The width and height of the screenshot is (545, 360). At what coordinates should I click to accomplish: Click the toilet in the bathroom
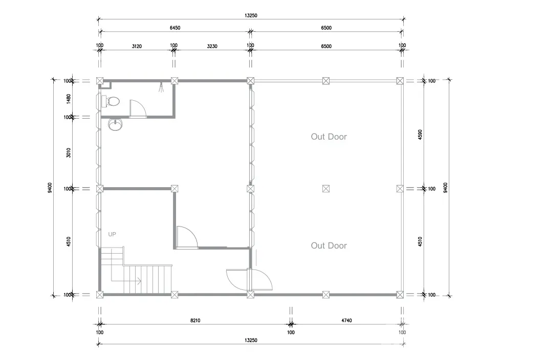tap(111, 101)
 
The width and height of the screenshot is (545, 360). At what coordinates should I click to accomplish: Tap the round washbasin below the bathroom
tap(115, 124)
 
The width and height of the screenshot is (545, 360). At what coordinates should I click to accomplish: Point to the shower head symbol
tap(161, 87)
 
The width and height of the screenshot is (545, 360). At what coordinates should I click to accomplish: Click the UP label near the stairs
tap(112, 234)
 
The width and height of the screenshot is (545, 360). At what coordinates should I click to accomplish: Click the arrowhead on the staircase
tap(139, 281)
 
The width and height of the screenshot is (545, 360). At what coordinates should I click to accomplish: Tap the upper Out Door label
tap(329, 137)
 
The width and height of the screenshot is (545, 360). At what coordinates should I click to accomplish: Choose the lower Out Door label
tap(329, 245)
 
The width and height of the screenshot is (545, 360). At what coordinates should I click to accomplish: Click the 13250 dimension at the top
tap(251, 15)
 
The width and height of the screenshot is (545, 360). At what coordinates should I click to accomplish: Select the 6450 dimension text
tap(175, 28)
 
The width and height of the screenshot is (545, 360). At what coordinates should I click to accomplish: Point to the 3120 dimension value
tap(137, 46)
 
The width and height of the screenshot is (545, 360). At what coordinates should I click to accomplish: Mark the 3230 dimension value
tap(212, 46)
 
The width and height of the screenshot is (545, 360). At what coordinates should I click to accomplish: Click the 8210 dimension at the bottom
tap(195, 321)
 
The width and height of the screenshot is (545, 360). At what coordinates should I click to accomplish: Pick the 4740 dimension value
tap(346, 321)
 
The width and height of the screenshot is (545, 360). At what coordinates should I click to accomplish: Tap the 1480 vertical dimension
tap(69, 99)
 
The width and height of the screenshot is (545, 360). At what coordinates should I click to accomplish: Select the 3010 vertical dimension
tap(69, 153)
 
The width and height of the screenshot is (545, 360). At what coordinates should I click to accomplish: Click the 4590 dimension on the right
tap(420, 134)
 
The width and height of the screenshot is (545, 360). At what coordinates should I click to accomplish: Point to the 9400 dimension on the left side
tap(50, 188)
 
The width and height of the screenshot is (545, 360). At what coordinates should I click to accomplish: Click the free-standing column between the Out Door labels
tap(325, 189)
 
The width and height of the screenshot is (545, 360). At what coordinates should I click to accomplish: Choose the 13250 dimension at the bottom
tap(251, 340)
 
